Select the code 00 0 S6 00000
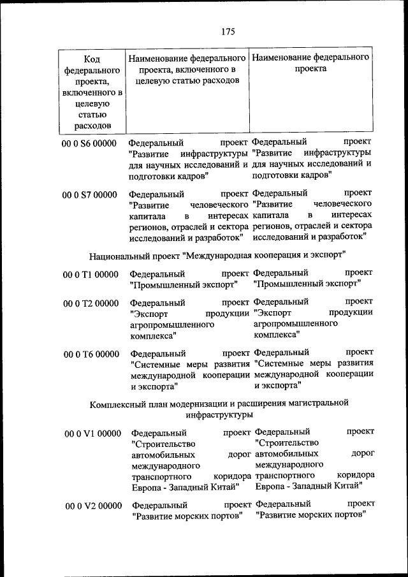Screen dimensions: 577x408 (x=89, y=143)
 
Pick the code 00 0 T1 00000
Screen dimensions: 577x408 (x=91, y=274)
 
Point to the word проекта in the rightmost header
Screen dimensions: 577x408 (x=310, y=69)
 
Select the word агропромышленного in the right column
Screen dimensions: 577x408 (x=295, y=323)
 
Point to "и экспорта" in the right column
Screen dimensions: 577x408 (x=277, y=385)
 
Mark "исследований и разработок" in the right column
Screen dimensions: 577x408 (x=310, y=237)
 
